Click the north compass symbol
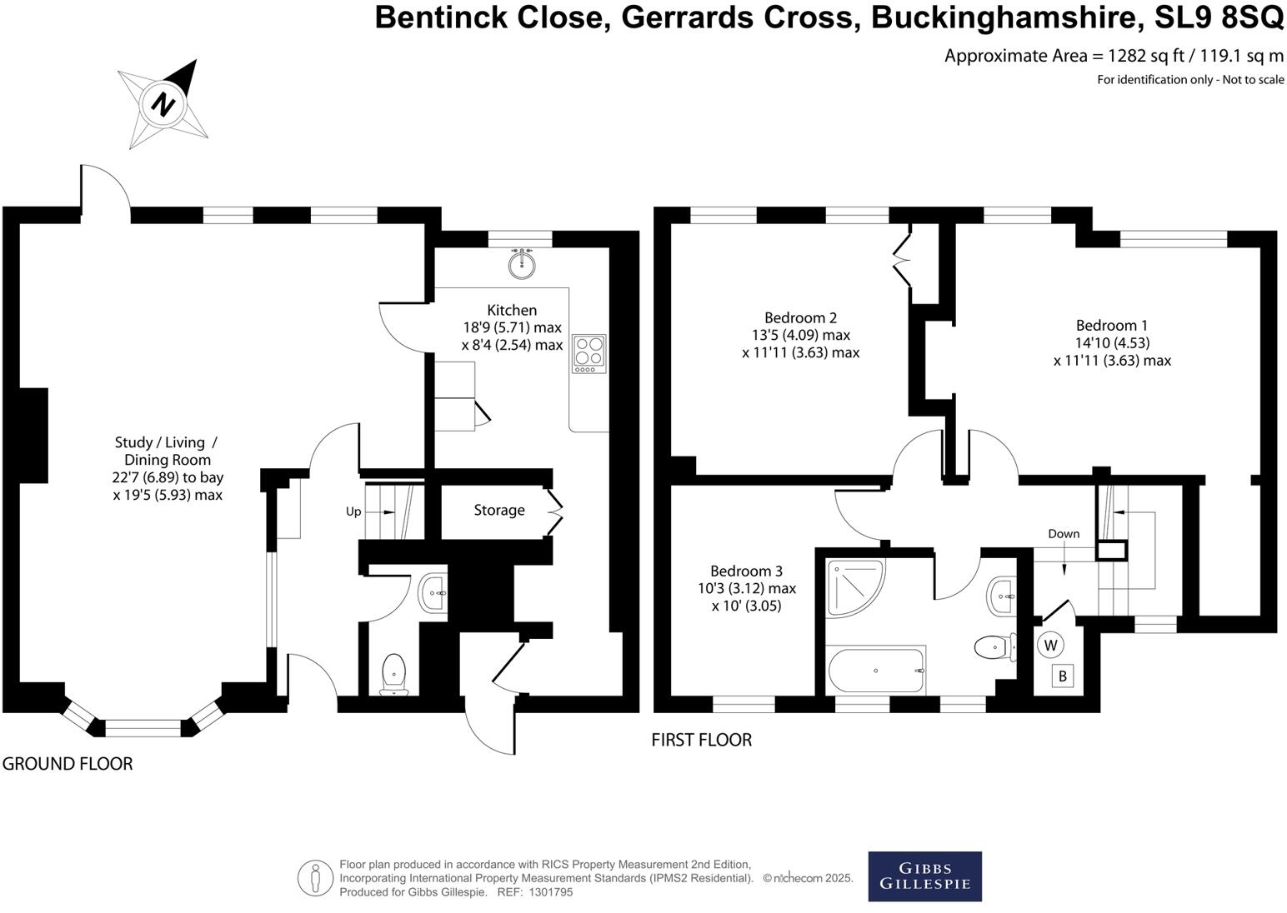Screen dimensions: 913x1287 164,105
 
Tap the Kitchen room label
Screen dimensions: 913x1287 512,310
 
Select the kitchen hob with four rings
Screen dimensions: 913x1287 588,353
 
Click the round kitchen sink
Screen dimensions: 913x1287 523,264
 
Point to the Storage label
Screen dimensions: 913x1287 499,510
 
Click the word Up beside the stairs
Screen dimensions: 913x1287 353,511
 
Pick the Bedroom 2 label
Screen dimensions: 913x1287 800,317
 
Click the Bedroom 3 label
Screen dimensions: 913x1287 746,571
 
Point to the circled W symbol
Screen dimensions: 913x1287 1050,645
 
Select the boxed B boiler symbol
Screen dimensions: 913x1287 1062,676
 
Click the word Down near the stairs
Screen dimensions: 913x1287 1064,534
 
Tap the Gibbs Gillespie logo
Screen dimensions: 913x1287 924,876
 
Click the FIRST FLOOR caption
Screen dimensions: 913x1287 701,740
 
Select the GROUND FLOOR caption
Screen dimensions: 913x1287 68,763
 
